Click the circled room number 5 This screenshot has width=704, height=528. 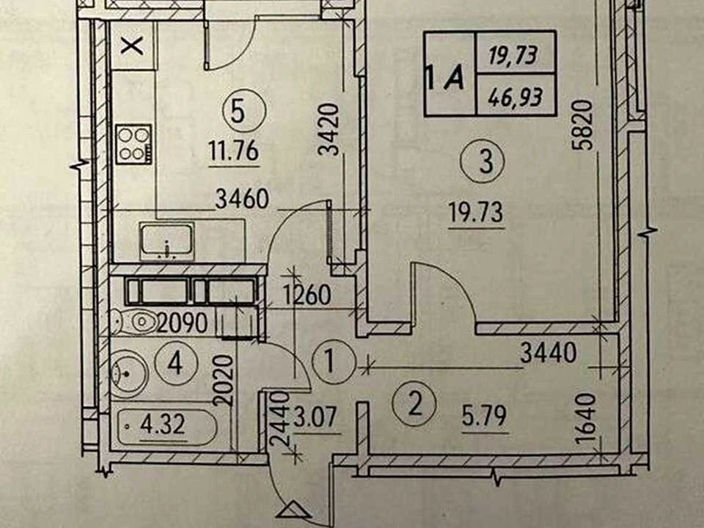point(238,111)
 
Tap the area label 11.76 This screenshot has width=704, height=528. point(234,151)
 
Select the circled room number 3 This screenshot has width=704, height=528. point(485,161)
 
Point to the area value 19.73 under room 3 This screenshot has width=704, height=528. point(476,212)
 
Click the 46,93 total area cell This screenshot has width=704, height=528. point(516,96)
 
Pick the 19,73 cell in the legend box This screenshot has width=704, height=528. point(513,56)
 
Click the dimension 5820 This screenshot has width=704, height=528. point(585,125)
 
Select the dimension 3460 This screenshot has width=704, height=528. point(242,199)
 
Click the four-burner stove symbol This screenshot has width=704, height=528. point(133,144)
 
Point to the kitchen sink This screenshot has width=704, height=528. point(166,241)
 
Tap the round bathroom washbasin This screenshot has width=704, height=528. point(129,373)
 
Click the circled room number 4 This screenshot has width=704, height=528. point(175,363)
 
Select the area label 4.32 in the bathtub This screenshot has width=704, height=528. point(163,425)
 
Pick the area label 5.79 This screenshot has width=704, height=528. point(484,416)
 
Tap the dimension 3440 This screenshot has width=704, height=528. point(549,352)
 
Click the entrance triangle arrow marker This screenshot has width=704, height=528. point(293,510)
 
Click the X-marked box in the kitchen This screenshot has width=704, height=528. point(133,45)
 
